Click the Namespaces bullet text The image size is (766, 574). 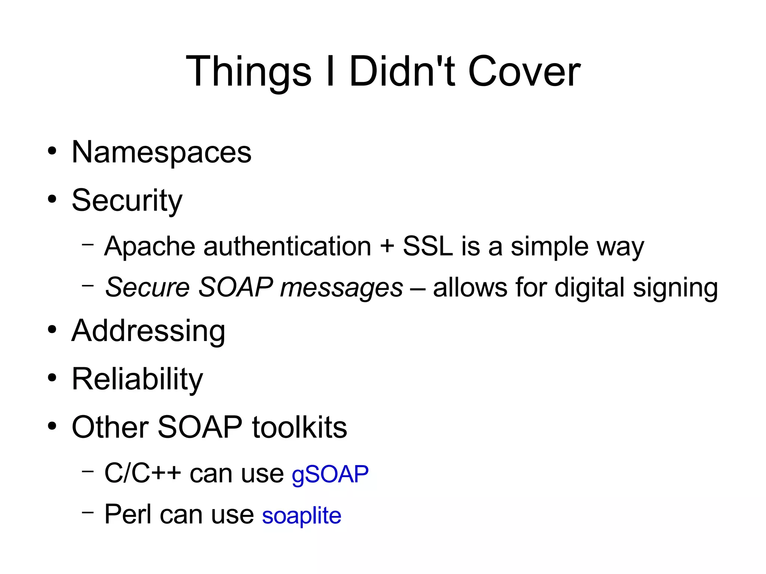coord(161,152)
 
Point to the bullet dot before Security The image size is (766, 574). coord(52,199)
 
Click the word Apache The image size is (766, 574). coord(150,246)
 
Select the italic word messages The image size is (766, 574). coord(341,288)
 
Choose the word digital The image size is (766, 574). coord(589,288)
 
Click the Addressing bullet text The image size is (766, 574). coord(148,331)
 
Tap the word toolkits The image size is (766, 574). coord(299,427)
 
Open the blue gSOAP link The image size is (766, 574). coord(330,474)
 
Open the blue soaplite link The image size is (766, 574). coord(301,515)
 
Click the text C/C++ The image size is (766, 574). coord(143,473)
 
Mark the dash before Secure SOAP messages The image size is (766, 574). coord(88,286)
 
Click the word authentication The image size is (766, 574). coord(287,246)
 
